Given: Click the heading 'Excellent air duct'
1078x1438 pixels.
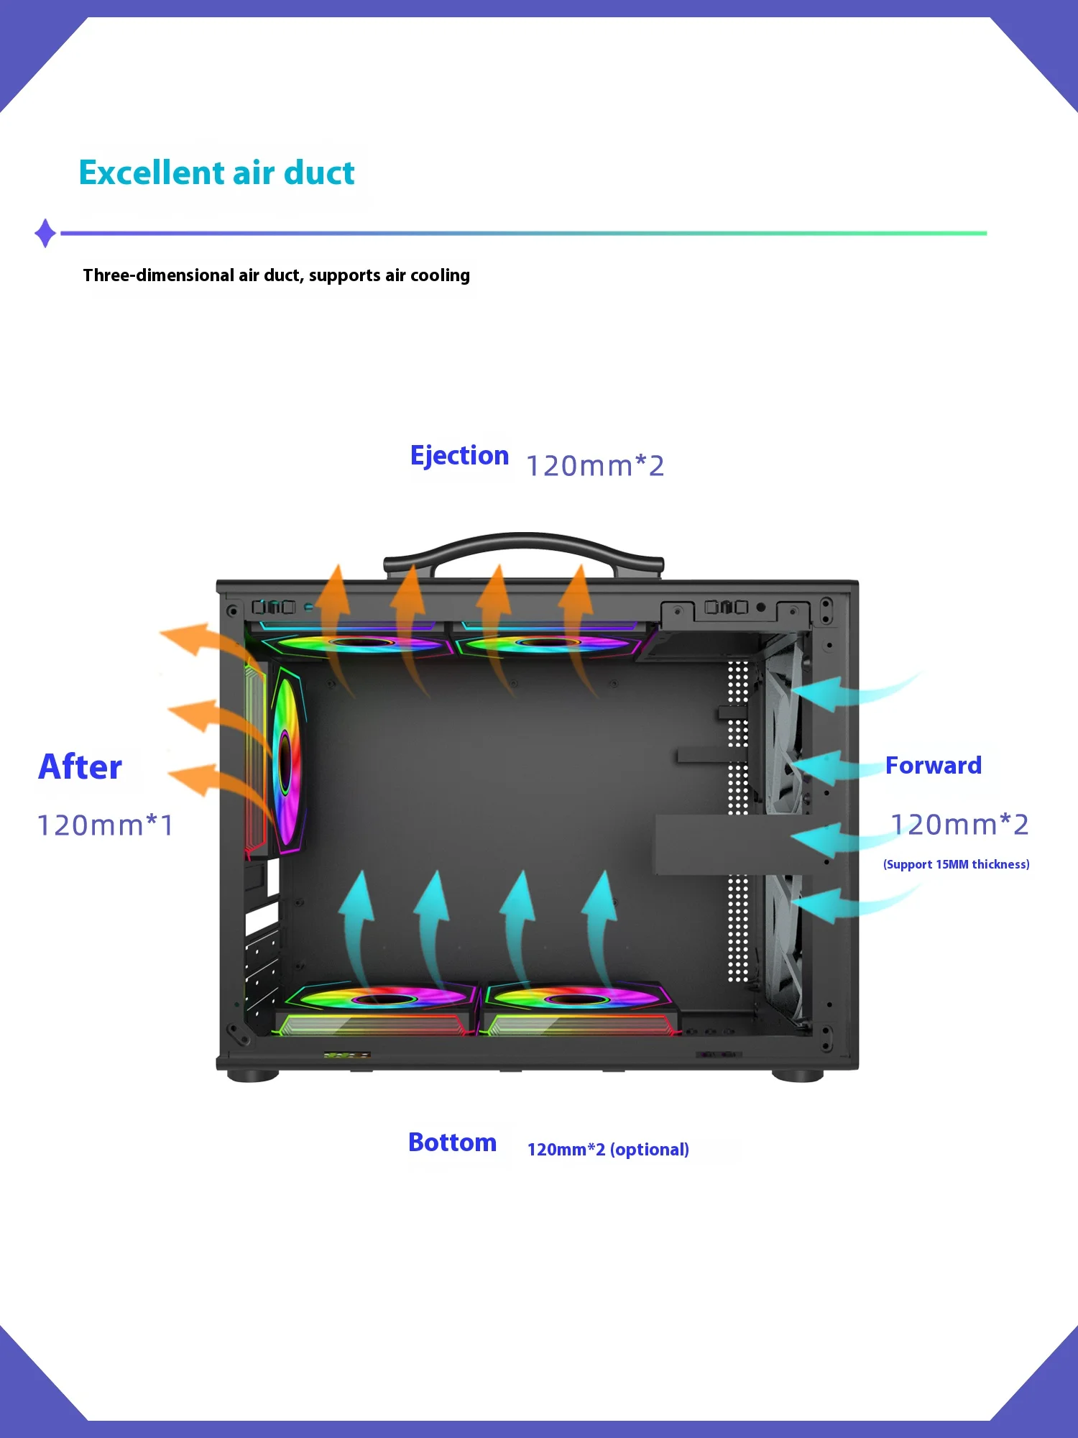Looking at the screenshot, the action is click(216, 173).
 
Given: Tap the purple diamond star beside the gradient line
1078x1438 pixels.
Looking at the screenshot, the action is click(45, 233).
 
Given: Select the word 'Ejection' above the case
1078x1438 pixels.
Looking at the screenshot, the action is click(459, 456).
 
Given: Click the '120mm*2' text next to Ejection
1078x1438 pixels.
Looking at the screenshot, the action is click(595, 466).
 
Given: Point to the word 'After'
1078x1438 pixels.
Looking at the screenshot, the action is click(80, 767).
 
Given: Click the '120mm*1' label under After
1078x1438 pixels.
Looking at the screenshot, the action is click(105, 825).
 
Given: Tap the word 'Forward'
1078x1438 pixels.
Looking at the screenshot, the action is click(933, 766).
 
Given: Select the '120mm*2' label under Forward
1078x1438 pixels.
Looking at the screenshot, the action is click(959, 825).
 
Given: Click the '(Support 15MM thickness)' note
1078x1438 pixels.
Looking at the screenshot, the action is click(956, 864).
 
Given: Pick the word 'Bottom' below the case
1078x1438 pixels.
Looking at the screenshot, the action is click(452, 1142).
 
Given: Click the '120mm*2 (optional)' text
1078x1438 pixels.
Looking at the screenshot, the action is click(608, 1149).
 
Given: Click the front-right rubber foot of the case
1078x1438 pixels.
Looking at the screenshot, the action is click(797, 1075).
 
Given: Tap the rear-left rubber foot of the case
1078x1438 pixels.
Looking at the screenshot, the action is click(252, 1076).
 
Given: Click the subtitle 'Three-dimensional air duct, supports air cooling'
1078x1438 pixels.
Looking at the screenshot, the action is click(276, 275).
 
